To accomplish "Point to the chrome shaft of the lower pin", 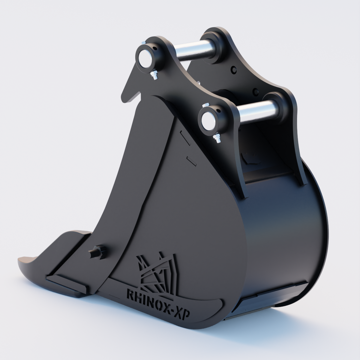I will [255, 109].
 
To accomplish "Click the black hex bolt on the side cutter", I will [97, 251].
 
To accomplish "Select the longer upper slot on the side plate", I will [186, 137].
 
